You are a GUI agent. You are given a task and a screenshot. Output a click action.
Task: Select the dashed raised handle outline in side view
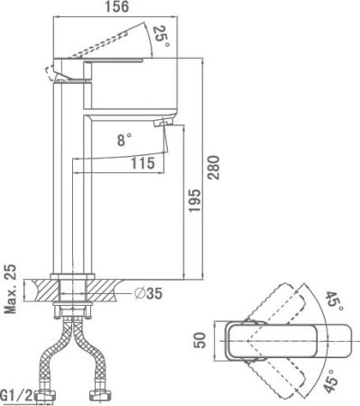(x=117, y=41)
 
